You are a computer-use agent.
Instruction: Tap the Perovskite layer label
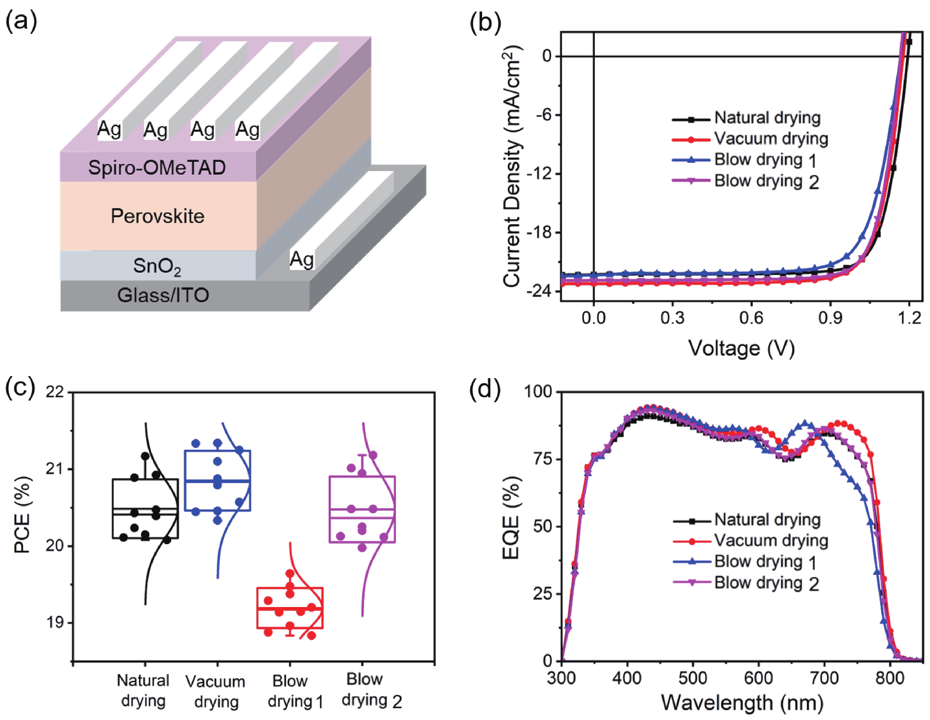pos(158,216)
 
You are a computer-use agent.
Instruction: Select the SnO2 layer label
pos(157,267)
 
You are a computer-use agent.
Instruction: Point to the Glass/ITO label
pos(163,295)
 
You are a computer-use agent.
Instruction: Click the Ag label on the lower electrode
pos(302,259)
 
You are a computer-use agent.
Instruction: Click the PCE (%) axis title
pos(22,514)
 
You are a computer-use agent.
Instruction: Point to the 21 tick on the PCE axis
pos(55,469)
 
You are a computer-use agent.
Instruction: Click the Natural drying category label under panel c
pos(143,690)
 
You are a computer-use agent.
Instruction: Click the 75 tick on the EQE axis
pos(542,459)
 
